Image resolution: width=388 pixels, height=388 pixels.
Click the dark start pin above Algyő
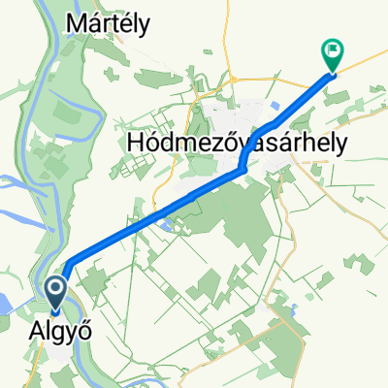click(55, 292)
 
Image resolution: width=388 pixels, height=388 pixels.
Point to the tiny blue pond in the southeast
click(292, 311)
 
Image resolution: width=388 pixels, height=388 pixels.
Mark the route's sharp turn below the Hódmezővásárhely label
click(240, 173)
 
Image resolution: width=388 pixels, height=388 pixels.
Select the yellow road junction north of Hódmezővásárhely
click(232, 78)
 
